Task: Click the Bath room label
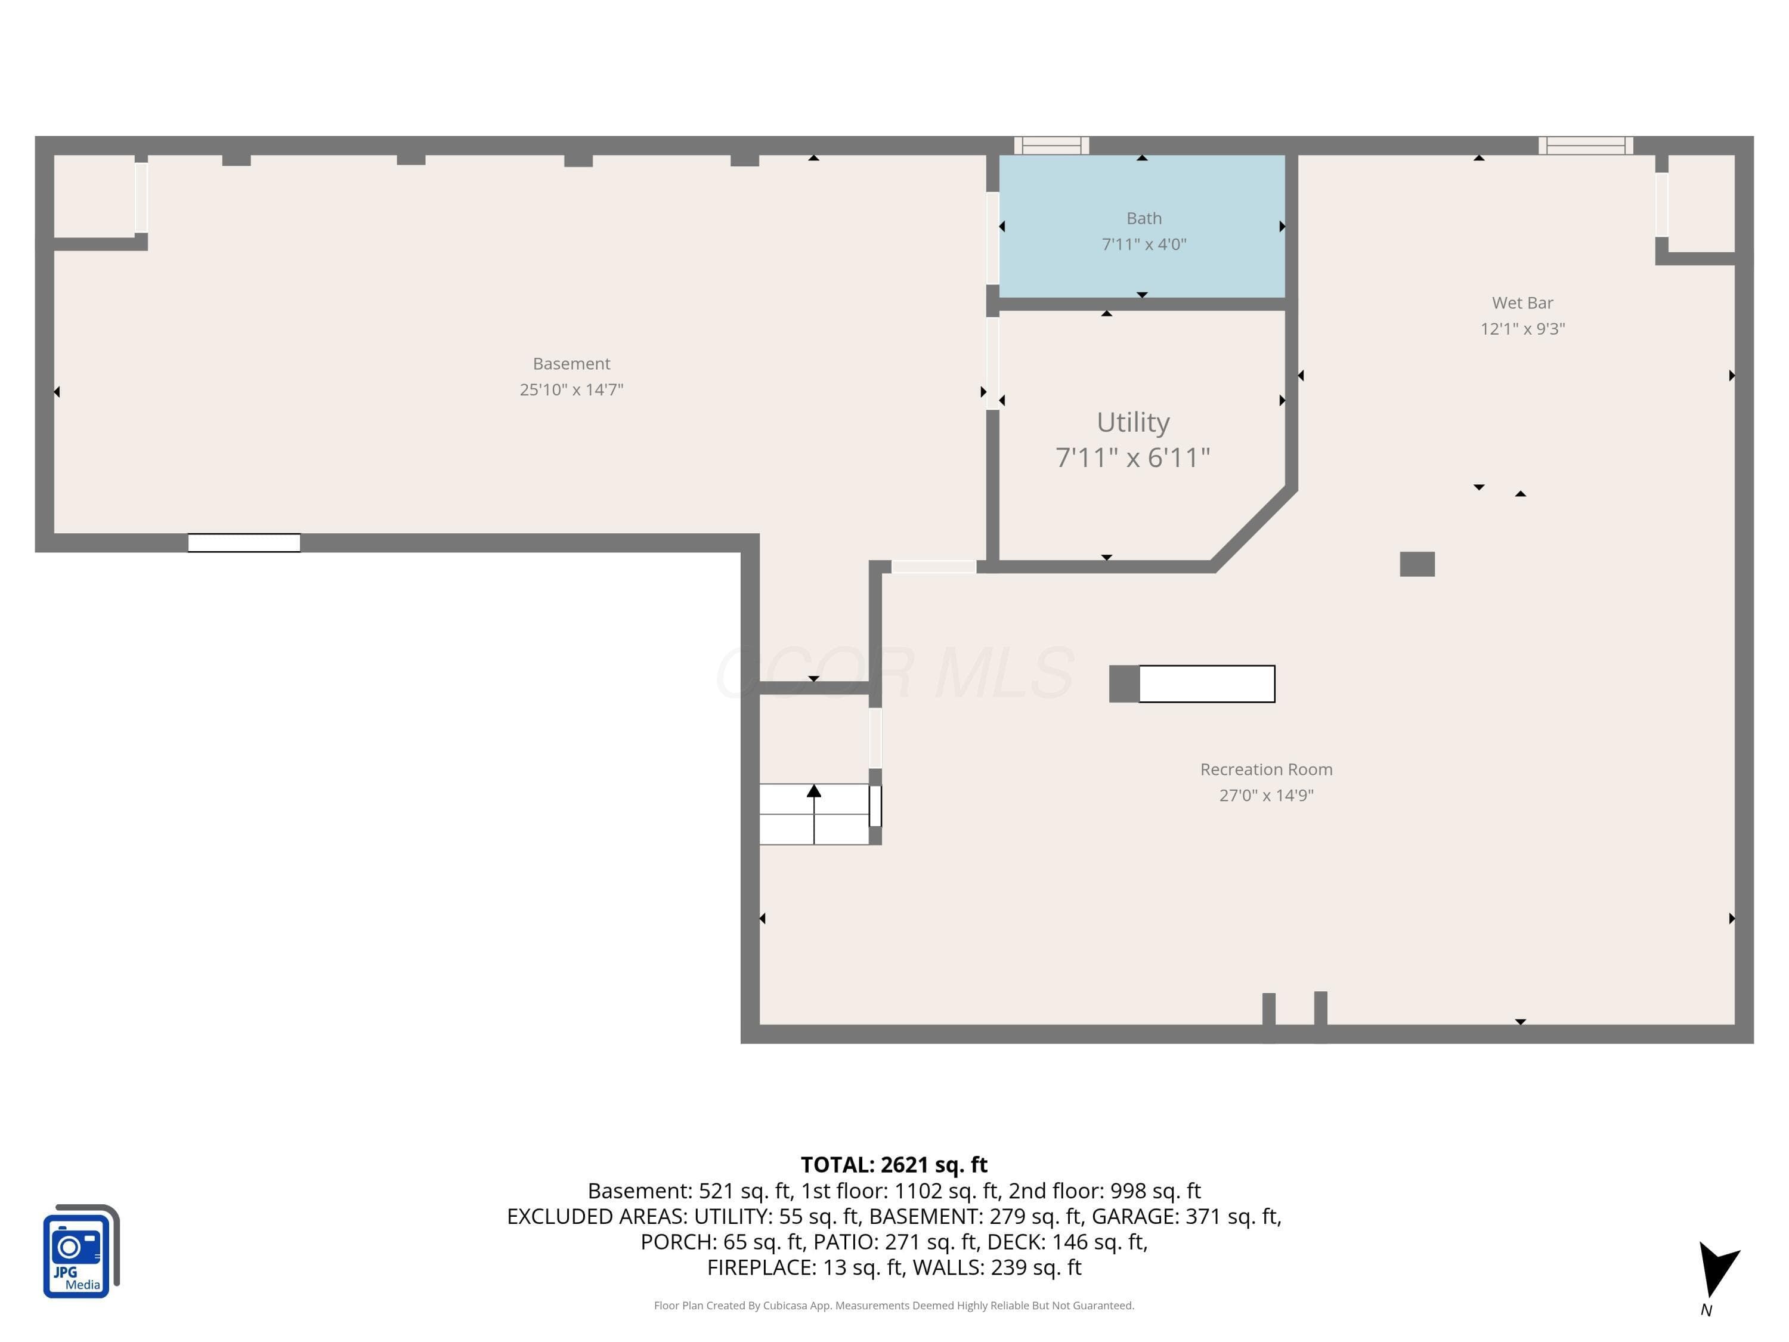point(1144,218)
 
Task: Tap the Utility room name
point(1133,422)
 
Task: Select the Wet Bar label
point(1522,302)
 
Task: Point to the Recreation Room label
point(1266,769)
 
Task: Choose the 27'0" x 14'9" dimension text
point(1266,795)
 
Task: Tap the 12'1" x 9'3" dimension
point(1522,329)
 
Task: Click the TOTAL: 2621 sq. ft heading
point(894,1165)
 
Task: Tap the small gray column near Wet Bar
point(1417,564)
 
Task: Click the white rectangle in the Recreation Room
point(1207,684)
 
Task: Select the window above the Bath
point(1051,146)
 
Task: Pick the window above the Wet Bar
point(1585,146)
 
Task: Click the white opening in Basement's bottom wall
point(244,543)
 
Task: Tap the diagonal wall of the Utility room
point(1253,527)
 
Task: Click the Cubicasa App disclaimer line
point(894,1305)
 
